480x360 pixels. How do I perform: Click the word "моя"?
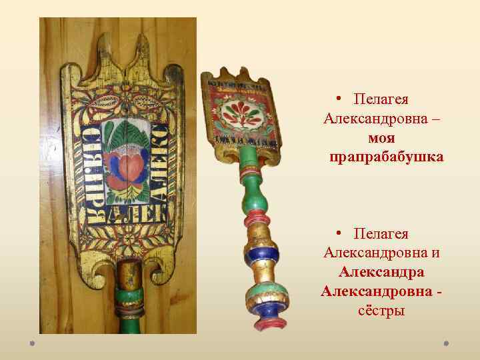[x=381, y=139]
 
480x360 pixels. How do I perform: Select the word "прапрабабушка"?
[x=386, y=157]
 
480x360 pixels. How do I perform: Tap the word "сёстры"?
[x=381, y=311]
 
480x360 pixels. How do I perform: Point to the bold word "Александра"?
[x=381, y=272]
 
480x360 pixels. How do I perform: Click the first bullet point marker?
[x=339, y=99]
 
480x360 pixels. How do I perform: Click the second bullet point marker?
[x=339, y=234]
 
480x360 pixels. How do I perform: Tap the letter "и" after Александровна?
[x=435, y=253]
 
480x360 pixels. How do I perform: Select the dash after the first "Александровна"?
[x=435, y=119]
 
